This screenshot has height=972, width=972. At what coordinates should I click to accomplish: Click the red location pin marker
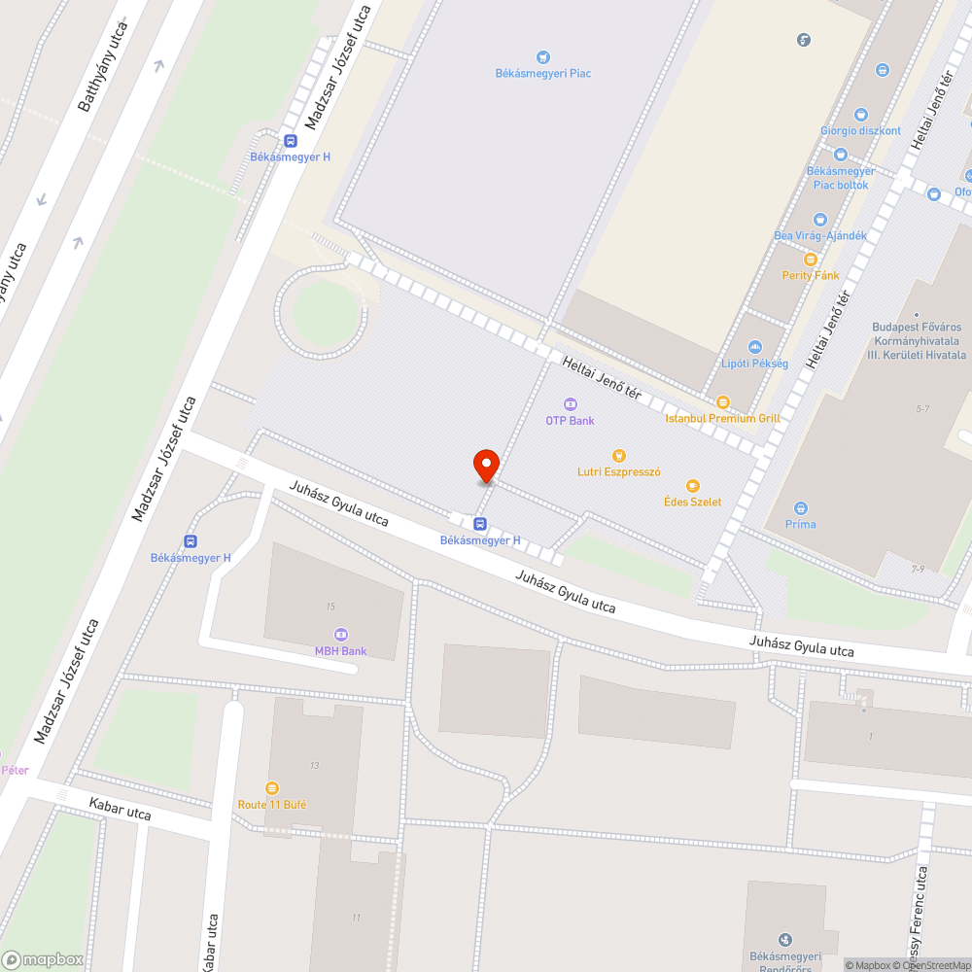[x=486, y=466]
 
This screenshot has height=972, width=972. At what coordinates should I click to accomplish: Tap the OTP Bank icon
[x=570, y=404]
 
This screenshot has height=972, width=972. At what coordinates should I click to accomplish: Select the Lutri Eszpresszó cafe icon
[x=618, y=455]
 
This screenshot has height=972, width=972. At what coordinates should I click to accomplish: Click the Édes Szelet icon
[x=692, y=485]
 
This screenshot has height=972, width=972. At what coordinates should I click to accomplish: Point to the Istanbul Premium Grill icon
[x=722, y=402]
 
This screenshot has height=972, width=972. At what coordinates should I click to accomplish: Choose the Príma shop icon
[x=801, y=507]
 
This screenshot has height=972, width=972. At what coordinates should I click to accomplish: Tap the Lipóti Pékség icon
[x=754, y=347]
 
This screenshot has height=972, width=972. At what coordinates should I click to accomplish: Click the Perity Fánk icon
[x=811, y=260]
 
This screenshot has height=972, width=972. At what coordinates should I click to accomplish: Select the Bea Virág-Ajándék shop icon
[x=819, y=220]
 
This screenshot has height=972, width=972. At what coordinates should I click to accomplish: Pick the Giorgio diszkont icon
[x=860, y=115]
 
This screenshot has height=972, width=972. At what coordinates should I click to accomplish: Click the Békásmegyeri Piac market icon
[x=542, y=57]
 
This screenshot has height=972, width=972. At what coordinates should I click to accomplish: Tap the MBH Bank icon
[x=340, y=635]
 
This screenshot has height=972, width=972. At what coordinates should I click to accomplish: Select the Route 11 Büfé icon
[x=272, y=788]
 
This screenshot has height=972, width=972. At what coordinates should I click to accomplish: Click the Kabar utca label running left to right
[x=120, y=809]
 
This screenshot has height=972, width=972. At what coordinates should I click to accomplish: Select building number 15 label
[x=330, y=607]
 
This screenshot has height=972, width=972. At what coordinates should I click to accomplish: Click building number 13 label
[x=314, y=766]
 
